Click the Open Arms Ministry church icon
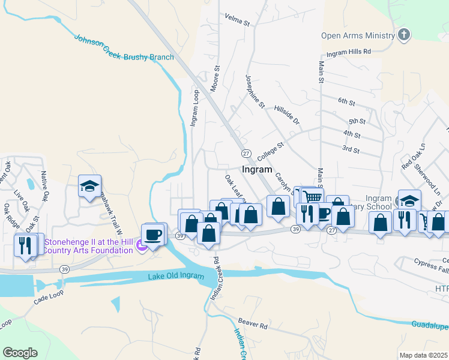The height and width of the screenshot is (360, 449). click(x=404, y=35)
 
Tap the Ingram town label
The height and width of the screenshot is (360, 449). click(x=257, y=169)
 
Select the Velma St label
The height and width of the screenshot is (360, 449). click(x=237, y=21)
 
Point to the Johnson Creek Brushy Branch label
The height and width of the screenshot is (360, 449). click(x=124, y=49)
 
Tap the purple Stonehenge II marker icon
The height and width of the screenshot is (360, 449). click(x=141, y=245)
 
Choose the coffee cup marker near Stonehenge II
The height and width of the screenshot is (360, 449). click(x=152, y=234)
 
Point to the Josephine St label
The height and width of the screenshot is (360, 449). click(x=255, y=91)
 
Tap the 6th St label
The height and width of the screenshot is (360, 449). click(x=347, y=101)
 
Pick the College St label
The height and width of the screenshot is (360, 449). click(x=270, y=149)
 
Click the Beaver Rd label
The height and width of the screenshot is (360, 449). click(x=252, y=325)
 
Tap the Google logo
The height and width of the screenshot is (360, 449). click(x=20, y=353)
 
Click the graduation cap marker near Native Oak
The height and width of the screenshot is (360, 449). click(x=89, y=186)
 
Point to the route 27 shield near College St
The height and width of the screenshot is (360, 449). click(x=246, y=154)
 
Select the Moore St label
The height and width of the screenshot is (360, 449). click(x=214, y=79)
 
